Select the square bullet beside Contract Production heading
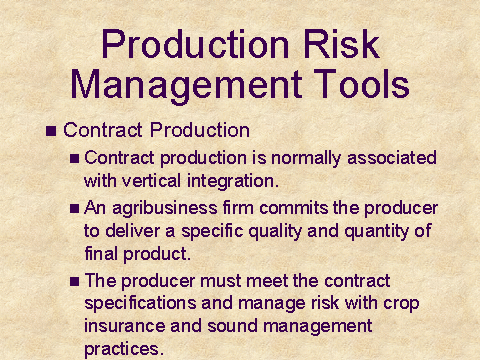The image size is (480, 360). point(51,131)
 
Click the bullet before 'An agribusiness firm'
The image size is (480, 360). point(74,209)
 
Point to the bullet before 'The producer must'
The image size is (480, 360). point(74,282)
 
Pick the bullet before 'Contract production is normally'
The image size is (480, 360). point(74,158)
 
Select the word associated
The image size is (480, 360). point(392,157)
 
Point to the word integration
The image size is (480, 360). point(233,182)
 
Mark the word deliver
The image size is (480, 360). point(132,231)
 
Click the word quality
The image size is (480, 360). point(275,232)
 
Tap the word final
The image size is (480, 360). point(101,254)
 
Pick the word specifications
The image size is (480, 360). point(140,304)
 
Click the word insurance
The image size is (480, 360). point(125,326)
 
